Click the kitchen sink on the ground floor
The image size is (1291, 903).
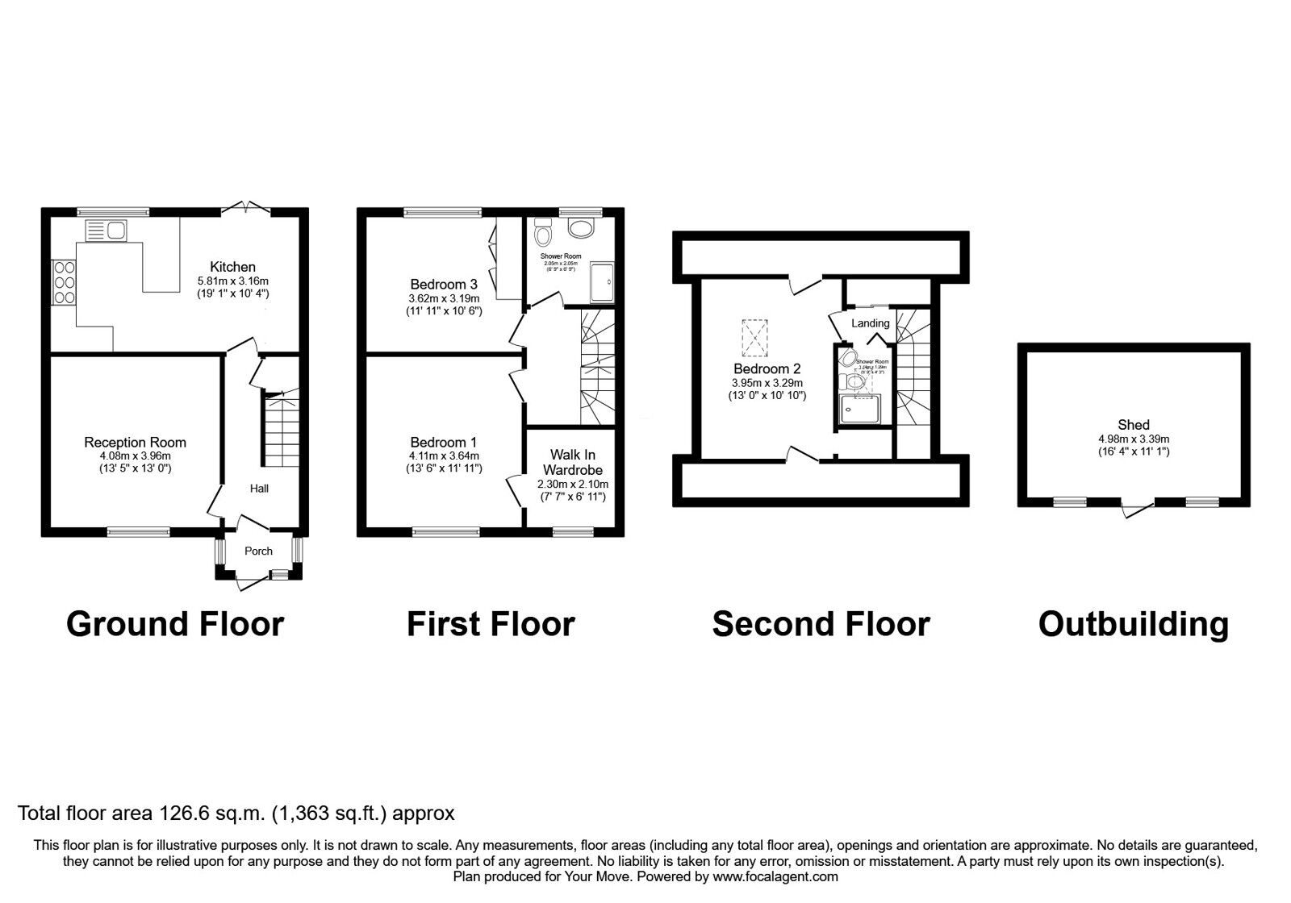pos(105,231)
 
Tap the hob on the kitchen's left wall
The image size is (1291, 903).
pos(64,281)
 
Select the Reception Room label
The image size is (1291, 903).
pos(135,442)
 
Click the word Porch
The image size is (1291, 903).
pos(258,551)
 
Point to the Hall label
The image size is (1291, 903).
pos(259,489)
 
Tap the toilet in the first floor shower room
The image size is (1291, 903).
pos(543,234)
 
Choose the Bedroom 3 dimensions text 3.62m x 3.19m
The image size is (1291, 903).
pos(443,298)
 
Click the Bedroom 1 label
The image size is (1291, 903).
pos(443,442)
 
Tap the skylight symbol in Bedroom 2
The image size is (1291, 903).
pos(755,338)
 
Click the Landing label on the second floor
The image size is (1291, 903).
pos(871,323)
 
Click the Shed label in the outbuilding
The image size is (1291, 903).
pos(1133,425)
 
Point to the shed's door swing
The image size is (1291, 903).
pos(1137,509)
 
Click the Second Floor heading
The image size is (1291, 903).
pos(821,624)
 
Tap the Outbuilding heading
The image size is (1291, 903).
pos(1133,624)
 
